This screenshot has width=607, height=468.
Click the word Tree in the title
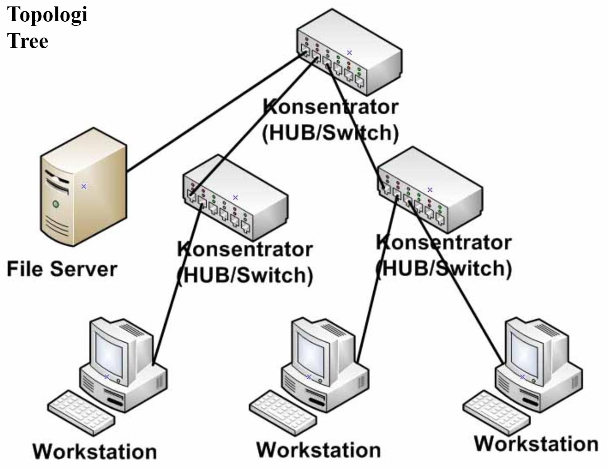(28, 41)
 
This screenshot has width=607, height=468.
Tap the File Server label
(62, 269)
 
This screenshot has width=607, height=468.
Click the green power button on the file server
(56, 204)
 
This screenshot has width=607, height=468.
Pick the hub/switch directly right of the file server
(235, 197)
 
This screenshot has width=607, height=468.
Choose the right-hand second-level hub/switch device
(430, 190)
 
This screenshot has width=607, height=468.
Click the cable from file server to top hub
(215, 112)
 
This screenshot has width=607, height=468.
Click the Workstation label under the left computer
(95, 452)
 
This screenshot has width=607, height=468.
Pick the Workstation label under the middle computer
(319, 450)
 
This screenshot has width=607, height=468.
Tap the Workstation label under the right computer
(536, 444)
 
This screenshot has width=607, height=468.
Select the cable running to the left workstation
(178, 284)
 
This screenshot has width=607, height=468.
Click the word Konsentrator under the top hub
(330, 107)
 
